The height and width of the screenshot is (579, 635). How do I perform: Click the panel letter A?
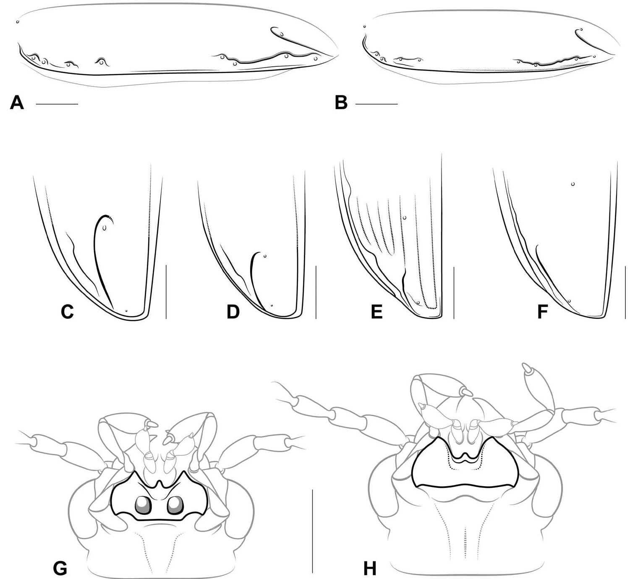[x=17, y=103]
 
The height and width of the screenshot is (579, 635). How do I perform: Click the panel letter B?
[x=341, y=103]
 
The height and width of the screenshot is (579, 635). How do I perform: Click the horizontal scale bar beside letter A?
[x=57, y=104]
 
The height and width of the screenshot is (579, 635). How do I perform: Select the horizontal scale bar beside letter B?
[x=376, y=104]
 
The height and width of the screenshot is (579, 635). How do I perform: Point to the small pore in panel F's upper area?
[x=572, y=184]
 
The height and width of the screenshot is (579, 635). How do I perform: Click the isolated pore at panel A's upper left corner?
[x=17, y=22]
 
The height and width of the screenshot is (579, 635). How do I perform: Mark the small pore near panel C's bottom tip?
[x=126, y=311]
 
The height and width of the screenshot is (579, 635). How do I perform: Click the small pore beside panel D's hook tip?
[x=265, y=256]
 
